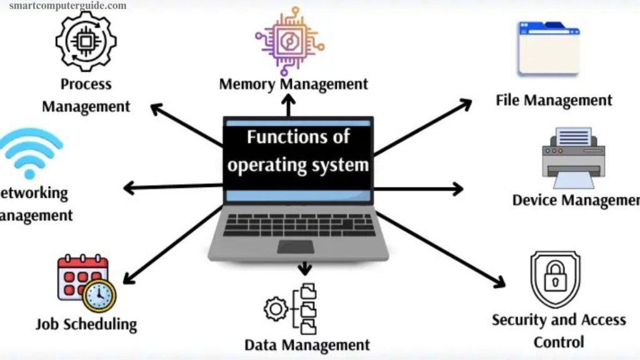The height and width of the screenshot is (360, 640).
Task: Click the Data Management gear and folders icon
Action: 291,309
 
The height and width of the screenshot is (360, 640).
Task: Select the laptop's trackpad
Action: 296,246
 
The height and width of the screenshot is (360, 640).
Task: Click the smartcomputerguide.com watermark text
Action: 67,6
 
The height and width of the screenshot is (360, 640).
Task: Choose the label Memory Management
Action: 294,84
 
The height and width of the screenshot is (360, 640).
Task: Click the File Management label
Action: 554,100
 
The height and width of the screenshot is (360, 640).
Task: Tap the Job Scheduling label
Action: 86,324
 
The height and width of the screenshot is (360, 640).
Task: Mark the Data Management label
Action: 307,344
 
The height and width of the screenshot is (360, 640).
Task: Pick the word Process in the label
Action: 86,84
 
